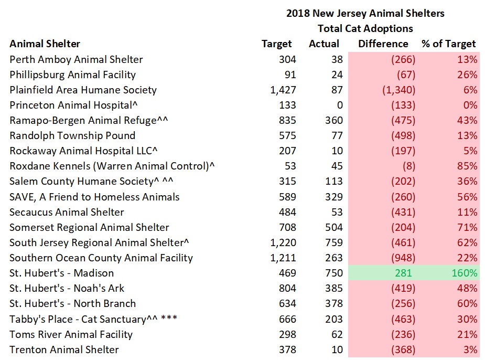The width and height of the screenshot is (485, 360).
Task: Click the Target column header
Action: [277, 44]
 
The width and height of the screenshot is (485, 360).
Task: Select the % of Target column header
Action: [448, 44]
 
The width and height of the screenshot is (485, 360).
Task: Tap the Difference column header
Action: [383, 44]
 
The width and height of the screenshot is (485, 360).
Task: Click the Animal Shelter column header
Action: [45, 44]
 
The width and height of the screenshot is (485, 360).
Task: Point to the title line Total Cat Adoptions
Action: [365, 28]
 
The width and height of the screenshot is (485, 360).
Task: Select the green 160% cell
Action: [465, 273]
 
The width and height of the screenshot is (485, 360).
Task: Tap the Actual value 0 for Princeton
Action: [339, 105]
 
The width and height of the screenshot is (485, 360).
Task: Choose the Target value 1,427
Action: [283, 90]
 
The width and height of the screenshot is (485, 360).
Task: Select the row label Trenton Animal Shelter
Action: [64, 350]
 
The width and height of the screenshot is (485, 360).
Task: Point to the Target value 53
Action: [289, 166]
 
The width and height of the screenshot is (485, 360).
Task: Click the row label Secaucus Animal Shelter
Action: [67, 212]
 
